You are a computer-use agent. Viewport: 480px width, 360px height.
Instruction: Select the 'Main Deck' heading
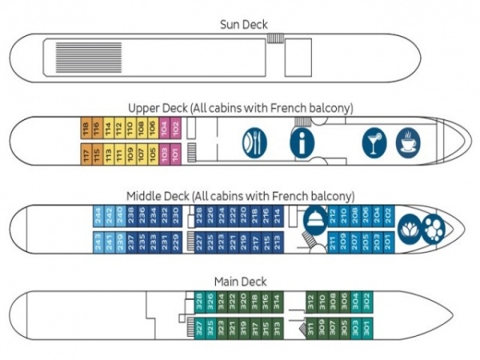[x=240, y=281]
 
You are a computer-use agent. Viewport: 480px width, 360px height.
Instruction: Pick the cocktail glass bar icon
[x=374, y=142]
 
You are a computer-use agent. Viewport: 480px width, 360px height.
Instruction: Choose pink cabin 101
[x=176, y=154]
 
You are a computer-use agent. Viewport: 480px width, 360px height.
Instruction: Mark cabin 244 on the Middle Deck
[x=99, y=215]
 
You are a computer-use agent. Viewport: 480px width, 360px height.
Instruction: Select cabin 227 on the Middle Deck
[x=200, y=241]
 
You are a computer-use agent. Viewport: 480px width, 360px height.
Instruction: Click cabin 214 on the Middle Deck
[x=278, y=215]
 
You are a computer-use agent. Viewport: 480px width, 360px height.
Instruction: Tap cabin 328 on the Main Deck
[x=199, y=301]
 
